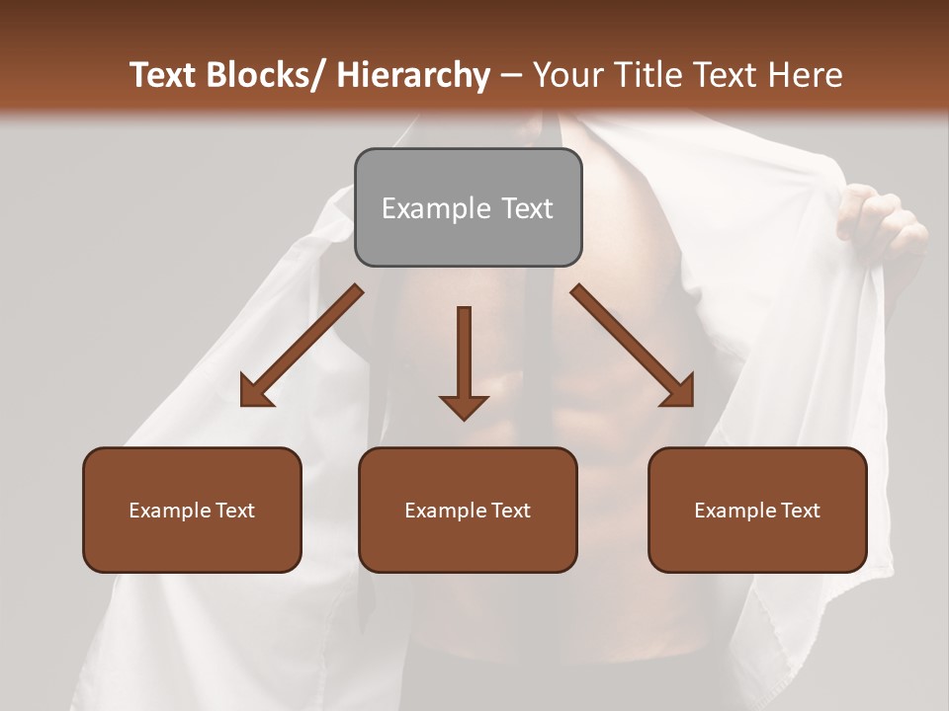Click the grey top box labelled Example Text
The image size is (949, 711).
tap(468, 207)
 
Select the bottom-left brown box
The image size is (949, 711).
tap(192, 510)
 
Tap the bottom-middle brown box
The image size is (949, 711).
tap(468, 510)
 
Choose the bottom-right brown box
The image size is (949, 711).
tap(757, 510)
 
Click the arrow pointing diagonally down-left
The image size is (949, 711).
tap(302, 346)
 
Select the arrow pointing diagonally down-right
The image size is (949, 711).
tap(633, 346)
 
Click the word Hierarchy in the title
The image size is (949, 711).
tap(413, 75)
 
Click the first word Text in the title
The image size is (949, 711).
tap(163, 75)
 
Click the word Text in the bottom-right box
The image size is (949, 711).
tap(800, 510)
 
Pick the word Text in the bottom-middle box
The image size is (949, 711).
tap(510, 510)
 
